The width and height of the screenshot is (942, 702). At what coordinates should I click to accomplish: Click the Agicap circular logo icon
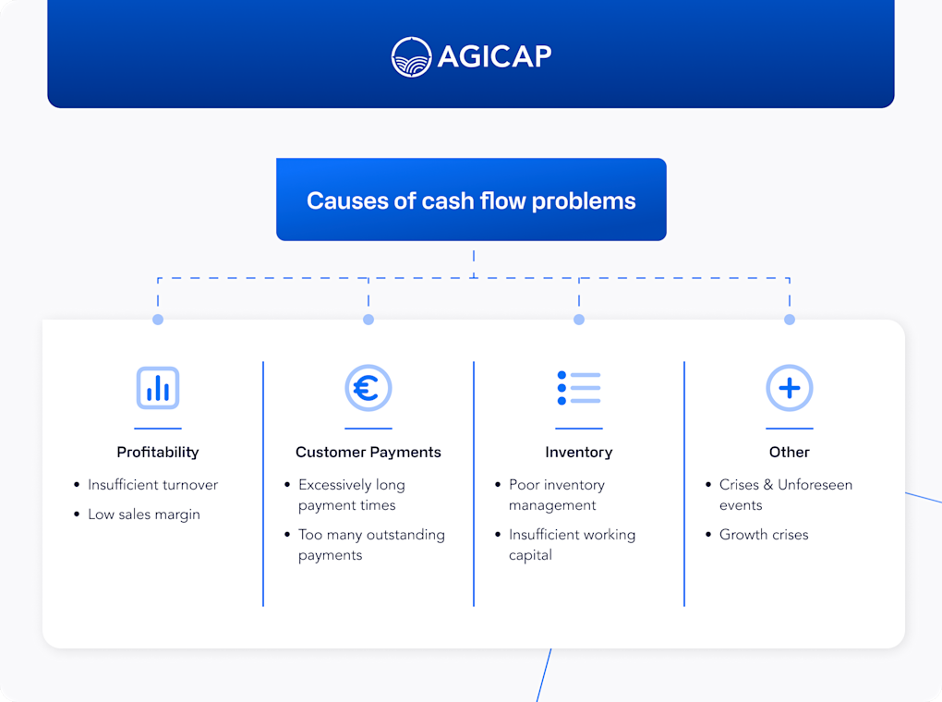(x=411, y=56)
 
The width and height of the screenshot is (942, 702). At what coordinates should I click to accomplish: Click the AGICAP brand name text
(x=494, y=56)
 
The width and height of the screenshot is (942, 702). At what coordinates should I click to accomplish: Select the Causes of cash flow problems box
(x=471, y=200)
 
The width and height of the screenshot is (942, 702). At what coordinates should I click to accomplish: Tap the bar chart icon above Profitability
(x=158, y=388)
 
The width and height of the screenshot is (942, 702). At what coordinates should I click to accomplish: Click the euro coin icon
(x=368, y=388)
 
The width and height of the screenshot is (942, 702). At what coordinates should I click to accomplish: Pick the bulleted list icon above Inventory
(x=579, y=388)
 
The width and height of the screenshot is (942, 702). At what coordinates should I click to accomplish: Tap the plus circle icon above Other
(x=790, y=388)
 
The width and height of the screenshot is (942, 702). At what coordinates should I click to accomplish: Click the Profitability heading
(x=158, y=452)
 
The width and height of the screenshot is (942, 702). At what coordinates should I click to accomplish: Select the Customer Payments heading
(x=368, y=452)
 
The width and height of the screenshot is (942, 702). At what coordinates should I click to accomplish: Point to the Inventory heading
(x=579, y=452)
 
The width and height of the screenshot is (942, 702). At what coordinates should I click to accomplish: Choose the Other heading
(x=790, y=452)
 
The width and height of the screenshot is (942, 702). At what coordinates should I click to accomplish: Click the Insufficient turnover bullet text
(x=152, y=484)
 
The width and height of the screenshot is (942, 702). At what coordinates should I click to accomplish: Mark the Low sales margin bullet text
(x=143, y=514)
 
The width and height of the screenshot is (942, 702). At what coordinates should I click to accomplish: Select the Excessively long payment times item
(x=352, y=494)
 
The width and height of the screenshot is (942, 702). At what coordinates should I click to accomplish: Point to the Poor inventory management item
(x=557, y=494)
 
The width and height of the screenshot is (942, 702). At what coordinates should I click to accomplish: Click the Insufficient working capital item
(x=572, y=544)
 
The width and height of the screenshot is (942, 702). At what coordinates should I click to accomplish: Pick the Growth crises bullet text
(x=764, y=534)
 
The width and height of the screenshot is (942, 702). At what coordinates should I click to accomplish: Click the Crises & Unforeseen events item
(x=785, y=494)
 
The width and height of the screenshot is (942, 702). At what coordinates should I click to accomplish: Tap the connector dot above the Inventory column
(x=579, y=320)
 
